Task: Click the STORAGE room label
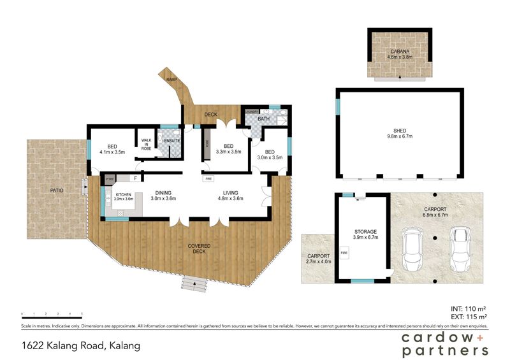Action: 366,232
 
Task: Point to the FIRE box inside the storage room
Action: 344,253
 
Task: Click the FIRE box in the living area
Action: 208,179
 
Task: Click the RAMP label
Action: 171,79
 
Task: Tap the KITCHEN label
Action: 124,194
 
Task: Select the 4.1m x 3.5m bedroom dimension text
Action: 111,152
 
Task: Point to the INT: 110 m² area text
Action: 467,308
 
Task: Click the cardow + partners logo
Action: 444,344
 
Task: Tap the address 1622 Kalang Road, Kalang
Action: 81,346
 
